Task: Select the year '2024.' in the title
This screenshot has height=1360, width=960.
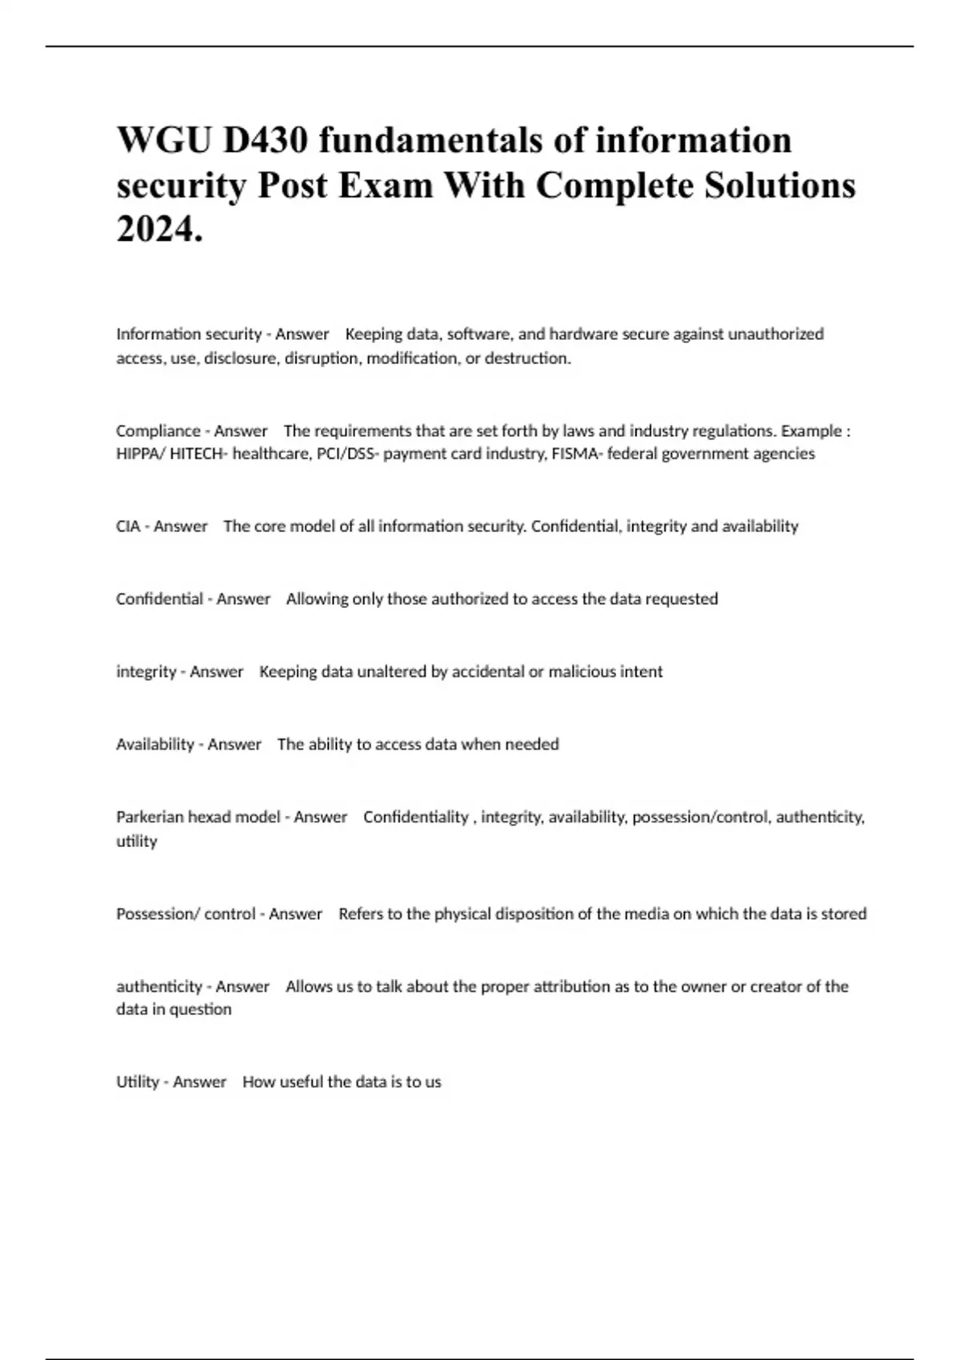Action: pos(160,230)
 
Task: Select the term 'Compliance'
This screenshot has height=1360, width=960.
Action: pos(158,430)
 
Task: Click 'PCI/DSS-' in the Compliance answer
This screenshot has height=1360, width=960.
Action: pos(348,454)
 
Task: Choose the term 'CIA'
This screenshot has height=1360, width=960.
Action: pos(128,526)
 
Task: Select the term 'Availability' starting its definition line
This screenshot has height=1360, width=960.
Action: pos(155,744)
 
